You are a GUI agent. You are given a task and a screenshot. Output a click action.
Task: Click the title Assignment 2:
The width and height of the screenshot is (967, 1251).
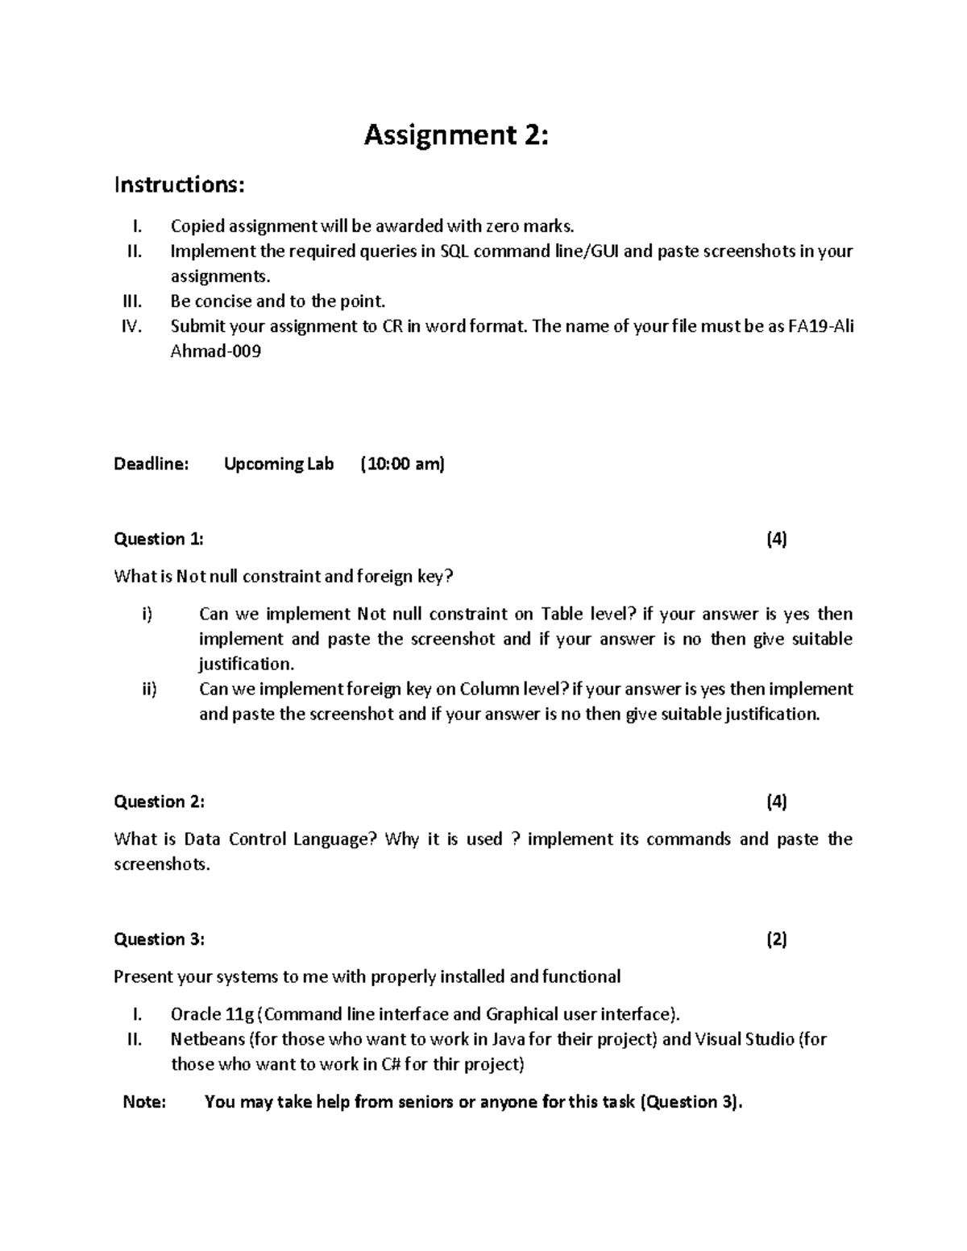(456, 135)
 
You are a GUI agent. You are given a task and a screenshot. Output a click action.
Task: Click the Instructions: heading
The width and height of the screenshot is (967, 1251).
(178, 184)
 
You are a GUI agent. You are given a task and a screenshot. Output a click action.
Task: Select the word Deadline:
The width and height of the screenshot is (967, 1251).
(151, 464)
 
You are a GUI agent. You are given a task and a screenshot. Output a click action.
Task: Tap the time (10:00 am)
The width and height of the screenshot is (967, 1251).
(402, 464)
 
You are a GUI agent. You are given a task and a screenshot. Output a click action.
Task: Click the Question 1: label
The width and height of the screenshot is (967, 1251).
(159, 539)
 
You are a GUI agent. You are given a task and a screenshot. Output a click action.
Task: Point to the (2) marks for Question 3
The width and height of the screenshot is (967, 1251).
(777, 939)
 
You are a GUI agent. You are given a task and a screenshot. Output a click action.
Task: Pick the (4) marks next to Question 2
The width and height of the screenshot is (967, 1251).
(777, 802)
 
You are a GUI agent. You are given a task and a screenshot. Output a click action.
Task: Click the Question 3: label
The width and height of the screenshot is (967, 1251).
(159, 939)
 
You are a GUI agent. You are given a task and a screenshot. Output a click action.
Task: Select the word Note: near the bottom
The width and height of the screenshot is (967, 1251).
(144, 1102)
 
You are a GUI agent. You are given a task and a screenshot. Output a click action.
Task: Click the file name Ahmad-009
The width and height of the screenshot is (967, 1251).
(216, 352)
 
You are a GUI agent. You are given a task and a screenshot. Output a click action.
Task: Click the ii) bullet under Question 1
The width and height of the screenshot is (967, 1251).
(148, 690)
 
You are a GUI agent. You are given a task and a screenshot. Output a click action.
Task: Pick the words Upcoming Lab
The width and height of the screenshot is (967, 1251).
(279, 464)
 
